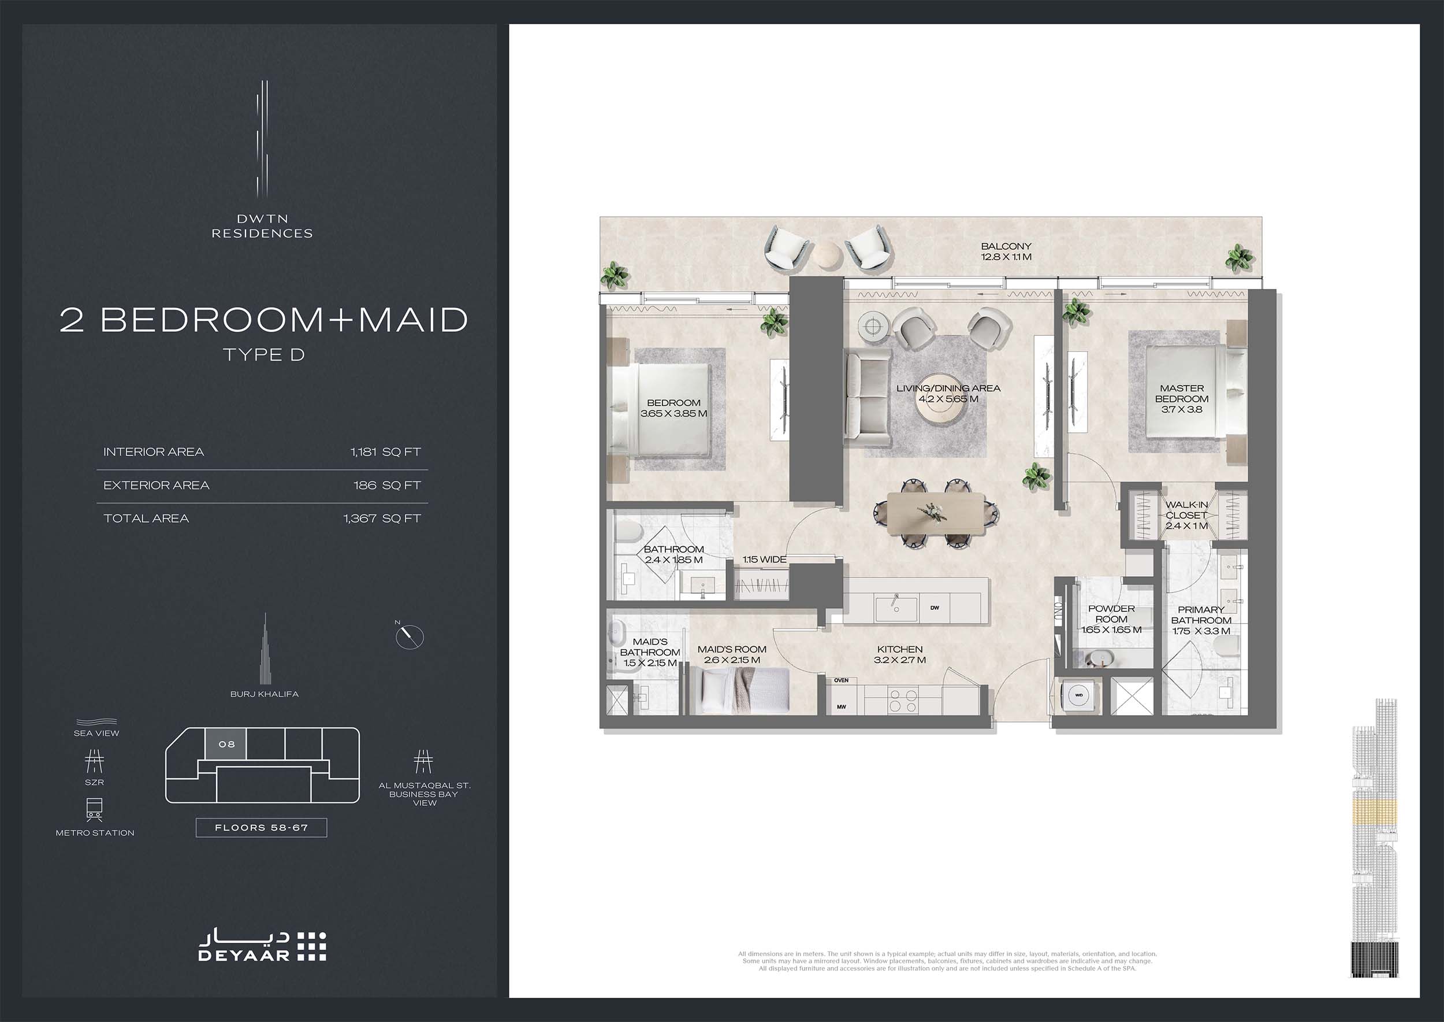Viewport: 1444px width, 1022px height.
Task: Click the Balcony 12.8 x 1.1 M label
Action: pos(1006,251)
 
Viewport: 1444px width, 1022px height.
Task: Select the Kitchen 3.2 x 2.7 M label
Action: pos(899,654)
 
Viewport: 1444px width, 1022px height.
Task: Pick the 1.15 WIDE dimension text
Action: pos(764,559)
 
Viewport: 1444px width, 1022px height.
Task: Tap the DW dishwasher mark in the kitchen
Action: pos(935,608)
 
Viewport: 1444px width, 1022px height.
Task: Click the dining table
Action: pos(936,513)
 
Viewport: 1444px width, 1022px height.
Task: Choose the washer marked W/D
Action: pos(1079,695)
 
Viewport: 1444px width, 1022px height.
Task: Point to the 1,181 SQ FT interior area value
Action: pos(385,452)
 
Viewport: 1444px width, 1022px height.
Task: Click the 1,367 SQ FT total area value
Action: pos(382,519)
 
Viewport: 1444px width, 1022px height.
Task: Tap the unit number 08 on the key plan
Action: pos(226,744)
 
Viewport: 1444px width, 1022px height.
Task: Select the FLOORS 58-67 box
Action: pos(262,827)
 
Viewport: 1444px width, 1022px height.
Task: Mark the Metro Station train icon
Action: pos(94,810)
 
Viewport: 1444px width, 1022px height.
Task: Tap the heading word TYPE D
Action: pos(264,354)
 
